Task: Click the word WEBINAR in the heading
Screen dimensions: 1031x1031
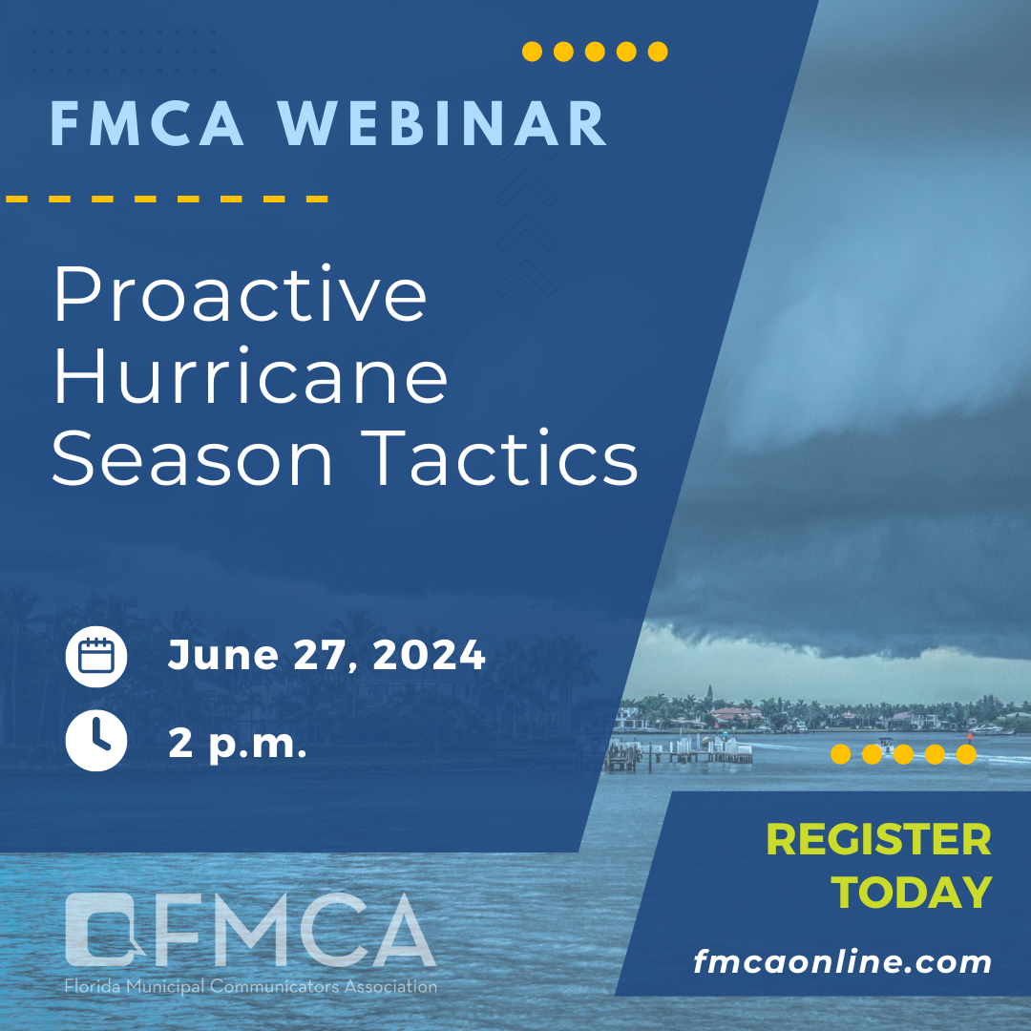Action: coord(442,123)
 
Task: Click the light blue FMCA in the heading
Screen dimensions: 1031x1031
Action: coord(147,123)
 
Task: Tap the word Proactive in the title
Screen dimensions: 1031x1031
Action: coord(241,294)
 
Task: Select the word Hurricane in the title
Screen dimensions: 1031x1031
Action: coord(250,375)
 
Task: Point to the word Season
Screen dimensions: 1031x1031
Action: coord(192,458)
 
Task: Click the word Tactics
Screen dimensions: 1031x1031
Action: coord(499,457)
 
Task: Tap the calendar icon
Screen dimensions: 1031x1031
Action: coord(96,656)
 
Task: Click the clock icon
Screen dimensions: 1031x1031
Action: coord(96,740)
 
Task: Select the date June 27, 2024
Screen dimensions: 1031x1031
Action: coord(326,656)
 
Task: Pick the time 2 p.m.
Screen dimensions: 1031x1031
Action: coord(238,745)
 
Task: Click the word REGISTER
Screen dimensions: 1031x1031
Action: coord(879,840)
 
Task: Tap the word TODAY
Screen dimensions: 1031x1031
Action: coord(912,893)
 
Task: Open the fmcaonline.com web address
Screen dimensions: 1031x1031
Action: coord(843,962)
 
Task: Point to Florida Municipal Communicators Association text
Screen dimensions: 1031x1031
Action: coord(250,986)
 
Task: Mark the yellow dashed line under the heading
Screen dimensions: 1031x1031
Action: coord(167,199)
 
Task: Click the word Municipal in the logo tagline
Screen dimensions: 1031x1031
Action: coord(166,987)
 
